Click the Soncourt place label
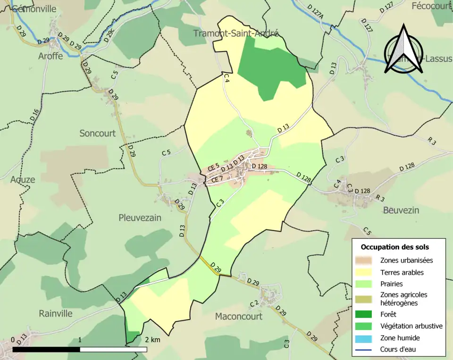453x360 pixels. pos(97,134)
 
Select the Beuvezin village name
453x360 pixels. pos(401,210)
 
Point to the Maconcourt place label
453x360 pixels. pos(238,316)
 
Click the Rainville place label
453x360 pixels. pos(56,313)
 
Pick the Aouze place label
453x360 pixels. pos(23,180)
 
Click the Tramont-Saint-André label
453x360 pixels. pos(236,33)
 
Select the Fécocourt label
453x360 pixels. pos(432,6)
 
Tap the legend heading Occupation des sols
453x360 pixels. pos(394,247)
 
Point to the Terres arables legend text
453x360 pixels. pos(402,272)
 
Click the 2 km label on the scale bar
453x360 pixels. pos(152,340)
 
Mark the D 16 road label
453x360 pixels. pos(34,115)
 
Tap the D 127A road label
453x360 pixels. pos(316,13)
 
